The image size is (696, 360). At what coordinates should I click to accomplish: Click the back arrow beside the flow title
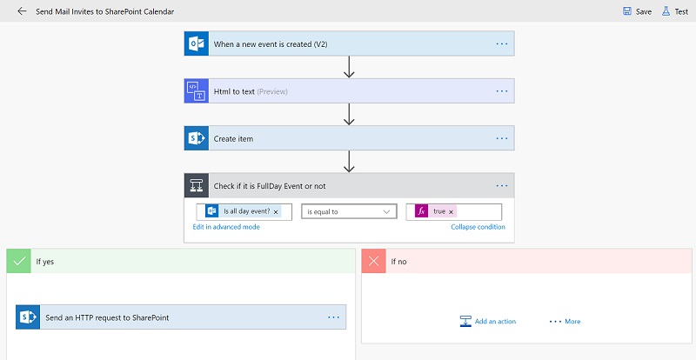coord(22,11)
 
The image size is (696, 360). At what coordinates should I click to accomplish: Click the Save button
coord(637,11)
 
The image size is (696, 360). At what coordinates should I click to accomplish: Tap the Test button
coord(675,11)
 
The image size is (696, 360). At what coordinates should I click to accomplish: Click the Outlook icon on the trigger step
coord(197,43)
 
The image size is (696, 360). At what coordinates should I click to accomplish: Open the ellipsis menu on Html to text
coord(502,91)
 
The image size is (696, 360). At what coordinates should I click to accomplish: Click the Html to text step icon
coord(197,91)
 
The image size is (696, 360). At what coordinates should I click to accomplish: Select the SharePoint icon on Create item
coord(197,138)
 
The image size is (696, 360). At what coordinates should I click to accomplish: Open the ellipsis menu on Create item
coord(502,138)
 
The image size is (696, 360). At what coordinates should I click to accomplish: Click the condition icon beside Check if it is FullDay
coord(197,185)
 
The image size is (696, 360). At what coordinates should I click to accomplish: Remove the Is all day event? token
coord(276,212)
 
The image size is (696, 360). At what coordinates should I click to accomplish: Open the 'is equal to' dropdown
coord(349,211)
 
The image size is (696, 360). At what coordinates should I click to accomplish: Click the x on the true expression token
coord(451,212)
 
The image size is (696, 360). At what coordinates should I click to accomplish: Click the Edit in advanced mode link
coord(226,227)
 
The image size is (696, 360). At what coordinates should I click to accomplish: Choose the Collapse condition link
coord(478,227)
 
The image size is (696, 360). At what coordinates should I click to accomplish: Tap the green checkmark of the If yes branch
coord(18,262)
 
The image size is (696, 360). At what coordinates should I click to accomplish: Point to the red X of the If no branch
coord(374,262)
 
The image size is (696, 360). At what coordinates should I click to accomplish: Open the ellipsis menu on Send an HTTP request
coord(333,317)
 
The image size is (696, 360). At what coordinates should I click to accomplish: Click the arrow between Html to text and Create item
coord(349,115)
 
